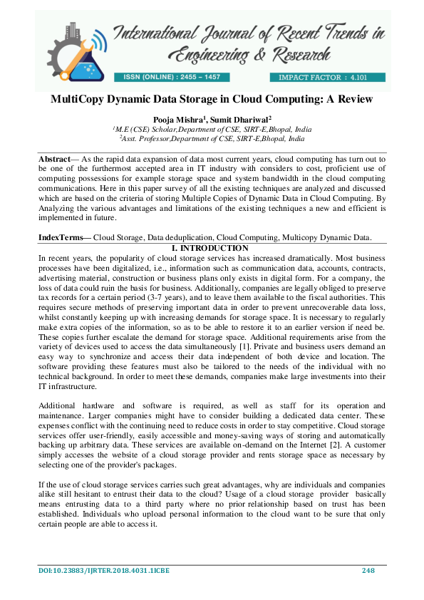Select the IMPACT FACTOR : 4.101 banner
[327, 76]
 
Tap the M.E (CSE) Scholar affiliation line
[212, 130]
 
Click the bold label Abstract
[54, 156]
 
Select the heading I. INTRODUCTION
[212, 247]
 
